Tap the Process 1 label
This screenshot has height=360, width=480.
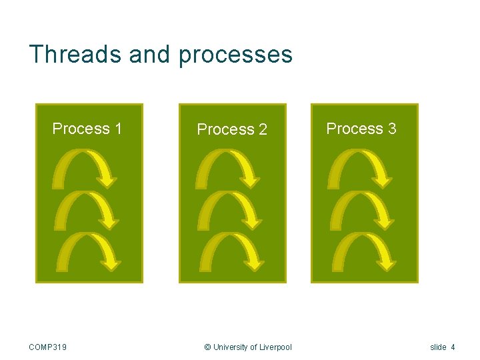87,129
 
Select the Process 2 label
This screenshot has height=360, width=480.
232,129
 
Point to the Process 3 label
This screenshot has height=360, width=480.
361,129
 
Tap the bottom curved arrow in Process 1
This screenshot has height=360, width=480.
88,251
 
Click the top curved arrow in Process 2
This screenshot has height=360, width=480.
229,167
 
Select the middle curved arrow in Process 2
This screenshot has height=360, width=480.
229,210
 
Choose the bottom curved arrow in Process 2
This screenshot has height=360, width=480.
231,251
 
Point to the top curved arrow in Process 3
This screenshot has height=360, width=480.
361,167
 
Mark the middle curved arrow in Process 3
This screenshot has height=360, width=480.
361,210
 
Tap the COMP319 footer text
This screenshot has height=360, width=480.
48,347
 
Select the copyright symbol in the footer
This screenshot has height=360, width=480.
207,347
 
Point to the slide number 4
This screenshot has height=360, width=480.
453,347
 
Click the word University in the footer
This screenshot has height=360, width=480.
230,347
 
